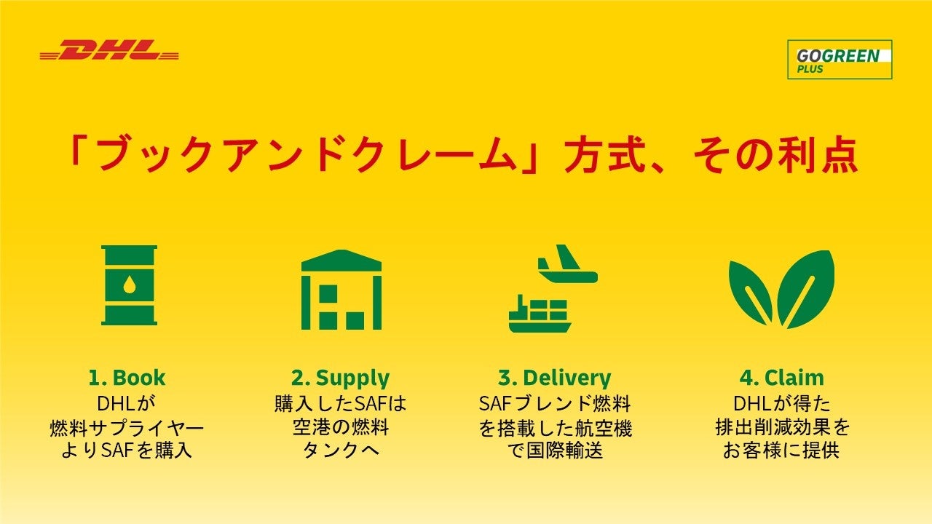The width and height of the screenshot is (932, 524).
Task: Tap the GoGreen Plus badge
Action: click(x=839, y=59)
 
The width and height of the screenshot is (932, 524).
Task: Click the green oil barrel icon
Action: click(x=129, y=285)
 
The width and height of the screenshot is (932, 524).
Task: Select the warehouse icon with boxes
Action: click(x=341, y=290)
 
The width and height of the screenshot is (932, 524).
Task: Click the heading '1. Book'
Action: click(x=127, y=378)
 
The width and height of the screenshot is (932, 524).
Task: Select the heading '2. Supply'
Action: click(x=340, y=378)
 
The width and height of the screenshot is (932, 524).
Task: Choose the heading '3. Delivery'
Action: click(x=554, y=378)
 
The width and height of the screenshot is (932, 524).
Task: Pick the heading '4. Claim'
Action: click(x=781, y=378)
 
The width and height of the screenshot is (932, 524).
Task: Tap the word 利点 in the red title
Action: click(x=818, y=155)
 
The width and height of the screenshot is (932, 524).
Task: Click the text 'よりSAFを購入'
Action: click(x=127, y=450)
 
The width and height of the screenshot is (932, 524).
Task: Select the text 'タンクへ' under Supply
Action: click(x=340, y=450)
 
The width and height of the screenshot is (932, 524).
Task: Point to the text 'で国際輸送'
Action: click(x=554, y=450)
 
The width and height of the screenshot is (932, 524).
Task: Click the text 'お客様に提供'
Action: click(x=781, y=450)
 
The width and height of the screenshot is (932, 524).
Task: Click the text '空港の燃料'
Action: click(x=340, y=426)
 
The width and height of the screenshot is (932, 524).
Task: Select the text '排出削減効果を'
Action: click(x=781, y=426)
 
